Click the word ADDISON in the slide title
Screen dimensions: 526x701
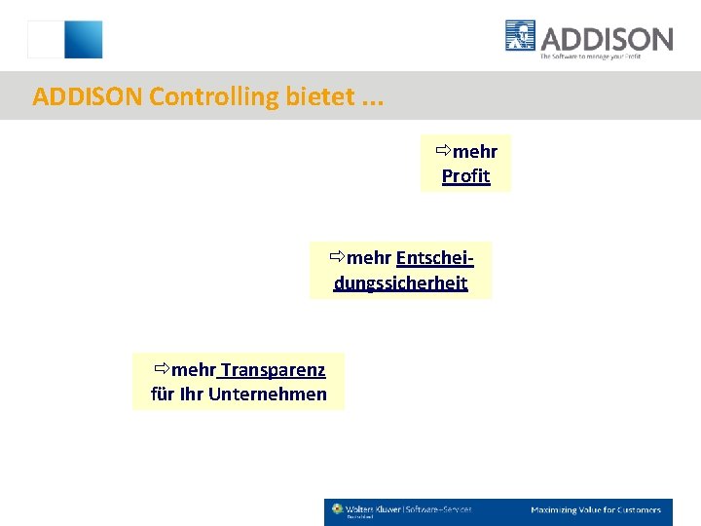(89, 96)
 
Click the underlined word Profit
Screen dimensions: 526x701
(465, 176)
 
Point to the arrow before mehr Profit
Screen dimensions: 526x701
(443, 151)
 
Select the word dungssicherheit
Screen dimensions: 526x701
(400, 283)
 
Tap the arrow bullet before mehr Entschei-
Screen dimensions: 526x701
(337, 258)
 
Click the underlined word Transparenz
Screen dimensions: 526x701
(272, 369)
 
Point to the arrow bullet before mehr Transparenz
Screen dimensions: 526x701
(162, 369)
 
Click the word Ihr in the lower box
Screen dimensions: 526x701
(191, 394)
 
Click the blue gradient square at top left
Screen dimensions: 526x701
(83, 40)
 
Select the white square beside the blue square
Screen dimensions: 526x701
(45, 40)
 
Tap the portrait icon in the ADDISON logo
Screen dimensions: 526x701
(521, 36)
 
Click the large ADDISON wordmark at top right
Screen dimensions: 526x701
(606, 39)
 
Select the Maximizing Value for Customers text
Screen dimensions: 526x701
(595, 509)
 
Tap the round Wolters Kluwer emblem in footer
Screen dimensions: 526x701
(338, 508)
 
